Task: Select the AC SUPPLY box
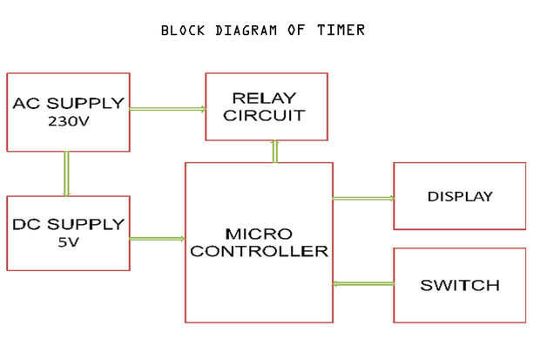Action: [68, 112]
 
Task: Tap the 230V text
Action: [67, 122]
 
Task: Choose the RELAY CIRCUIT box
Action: [266, 106]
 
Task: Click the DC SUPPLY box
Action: [68, 234]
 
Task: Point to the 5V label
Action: [67, 243]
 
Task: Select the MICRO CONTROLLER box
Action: [259, 242]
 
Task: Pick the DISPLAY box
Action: [459, 196]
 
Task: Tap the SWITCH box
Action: [459, 285]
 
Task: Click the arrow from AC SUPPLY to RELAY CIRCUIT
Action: [167, 109]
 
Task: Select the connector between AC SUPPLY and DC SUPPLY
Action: [65, 173]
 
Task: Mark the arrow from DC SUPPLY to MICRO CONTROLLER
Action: [157, 238]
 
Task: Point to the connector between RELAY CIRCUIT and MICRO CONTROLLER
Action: [275, 152]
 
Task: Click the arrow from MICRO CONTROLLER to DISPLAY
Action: [363, 199]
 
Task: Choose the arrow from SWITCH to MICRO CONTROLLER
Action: [363, 282]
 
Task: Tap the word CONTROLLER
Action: [259, 252]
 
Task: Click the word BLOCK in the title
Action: [184, 31]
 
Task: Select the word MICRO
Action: [259, 234]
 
